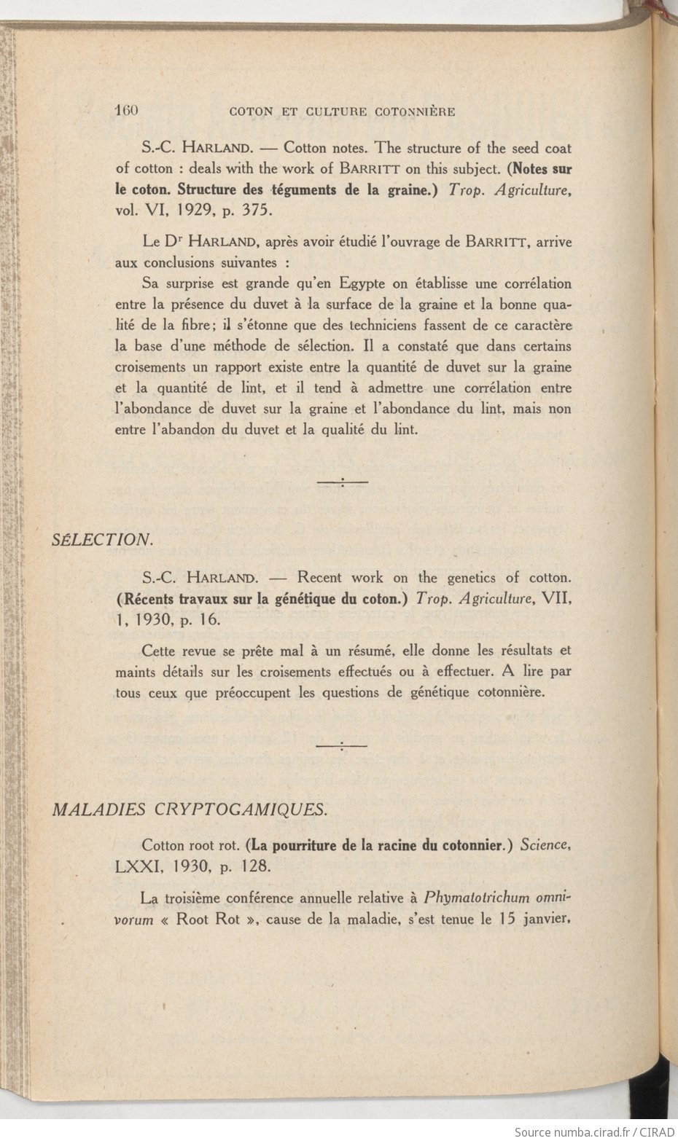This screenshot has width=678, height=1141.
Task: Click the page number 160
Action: (x=126, y=111)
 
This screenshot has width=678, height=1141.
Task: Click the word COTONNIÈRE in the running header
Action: (x=415, y=112)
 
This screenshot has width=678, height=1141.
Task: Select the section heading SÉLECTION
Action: (x=101, y=539)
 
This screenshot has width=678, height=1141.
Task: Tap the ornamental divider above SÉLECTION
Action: (x=342, y=482)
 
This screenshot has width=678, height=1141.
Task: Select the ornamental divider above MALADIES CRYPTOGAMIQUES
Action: (x=342, y=745)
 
